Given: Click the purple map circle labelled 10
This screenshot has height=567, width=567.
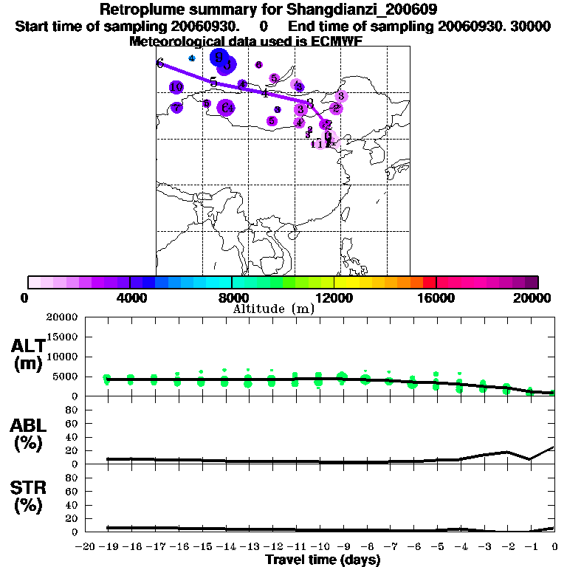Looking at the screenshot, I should pyautogui.click(x=176, y=88).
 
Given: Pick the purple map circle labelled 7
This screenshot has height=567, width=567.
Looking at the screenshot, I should pyautogui.click(x=176, y=108).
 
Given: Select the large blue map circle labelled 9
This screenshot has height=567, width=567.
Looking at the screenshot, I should pyautogui.click(x=219, y=57).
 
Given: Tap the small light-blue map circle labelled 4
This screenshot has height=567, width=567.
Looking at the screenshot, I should pyautogui.click(x=192, y=58).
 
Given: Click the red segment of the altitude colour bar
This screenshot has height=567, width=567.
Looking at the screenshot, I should pyautogui.click(x=430, y=282).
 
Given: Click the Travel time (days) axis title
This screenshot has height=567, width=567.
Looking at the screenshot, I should pyautogui.click(x=323, y=560).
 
